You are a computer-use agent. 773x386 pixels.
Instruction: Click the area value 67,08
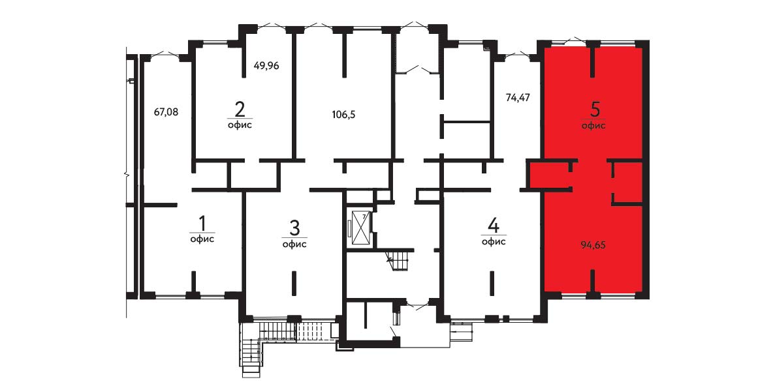[x=166, y=111]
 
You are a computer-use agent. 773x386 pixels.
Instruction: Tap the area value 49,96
[x=267, y=65]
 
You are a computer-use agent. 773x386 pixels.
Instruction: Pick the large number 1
[x=202, y=224]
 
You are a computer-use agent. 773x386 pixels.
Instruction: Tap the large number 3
[x=294, y=228]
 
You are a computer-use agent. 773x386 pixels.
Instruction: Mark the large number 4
[x=494, y=226]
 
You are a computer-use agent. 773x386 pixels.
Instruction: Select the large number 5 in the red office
[x=594, y=110]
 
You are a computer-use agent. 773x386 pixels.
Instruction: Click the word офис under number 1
[x=202, y=240]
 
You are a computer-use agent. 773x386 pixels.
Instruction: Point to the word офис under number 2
[x=240, y=125]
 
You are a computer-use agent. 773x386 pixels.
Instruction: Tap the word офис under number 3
[x=295, y=245]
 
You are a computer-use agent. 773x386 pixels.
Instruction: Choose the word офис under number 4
[x=494, y=242]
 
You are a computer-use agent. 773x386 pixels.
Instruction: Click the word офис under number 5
[x=594, y=126]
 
